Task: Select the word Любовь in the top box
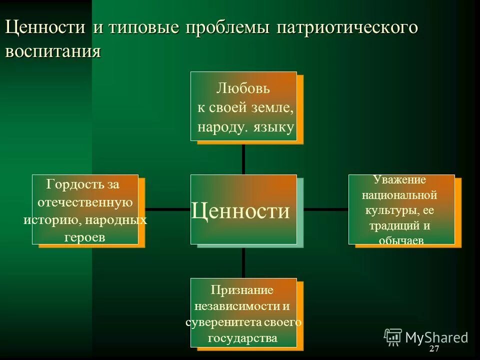coord(243,89)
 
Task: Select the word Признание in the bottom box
coord(242,289)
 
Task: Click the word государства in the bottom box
coord(243,338)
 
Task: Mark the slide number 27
coord(434,348)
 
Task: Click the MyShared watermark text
coord(436,337)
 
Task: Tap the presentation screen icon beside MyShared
coord(393,337)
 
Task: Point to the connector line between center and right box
coord(325,209)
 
